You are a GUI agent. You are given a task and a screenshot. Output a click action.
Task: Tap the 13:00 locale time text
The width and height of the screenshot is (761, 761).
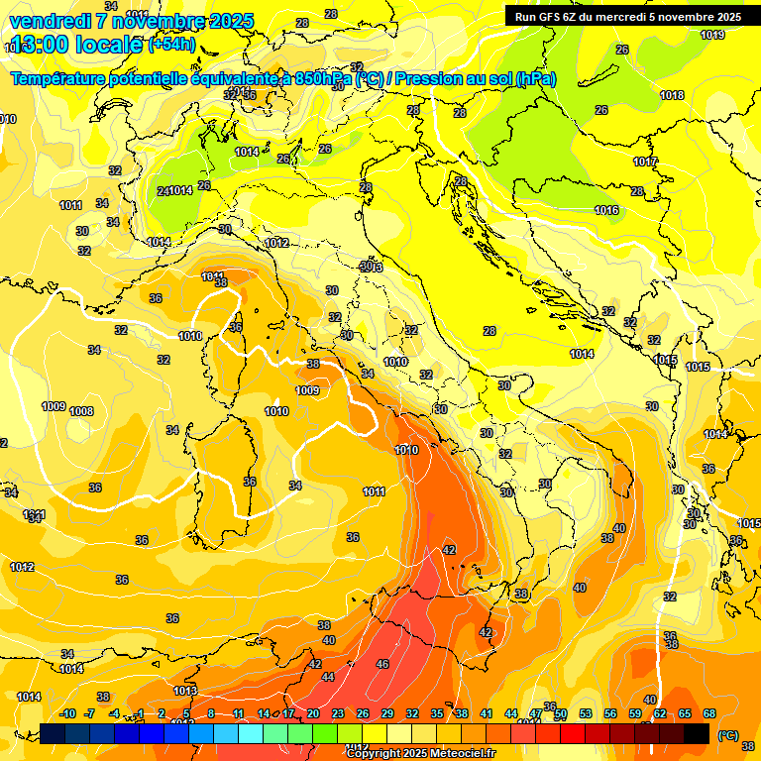(x=74, y=45)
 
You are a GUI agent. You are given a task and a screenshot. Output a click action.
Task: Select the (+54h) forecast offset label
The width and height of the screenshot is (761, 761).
(x=171, y=45)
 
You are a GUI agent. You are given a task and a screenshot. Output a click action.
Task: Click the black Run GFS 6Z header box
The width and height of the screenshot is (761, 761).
(x=627, y=16)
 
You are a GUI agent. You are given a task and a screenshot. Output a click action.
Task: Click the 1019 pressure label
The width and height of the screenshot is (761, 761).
(x=711, y=35)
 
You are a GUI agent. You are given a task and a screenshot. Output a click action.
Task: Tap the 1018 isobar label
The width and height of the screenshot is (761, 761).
(x=672, y=95)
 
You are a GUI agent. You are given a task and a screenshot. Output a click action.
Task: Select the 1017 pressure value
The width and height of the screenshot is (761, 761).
(x=645, y=162)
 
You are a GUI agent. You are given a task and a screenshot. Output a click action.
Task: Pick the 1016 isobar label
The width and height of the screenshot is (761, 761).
(x=606, y=210)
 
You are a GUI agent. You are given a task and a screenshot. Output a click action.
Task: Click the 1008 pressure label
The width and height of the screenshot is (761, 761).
(x=81, y=411)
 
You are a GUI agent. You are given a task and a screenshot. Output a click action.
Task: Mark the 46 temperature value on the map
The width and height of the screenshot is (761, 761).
(x=382, y=664)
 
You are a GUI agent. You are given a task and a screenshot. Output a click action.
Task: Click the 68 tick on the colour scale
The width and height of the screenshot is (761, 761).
(x=709, y=713)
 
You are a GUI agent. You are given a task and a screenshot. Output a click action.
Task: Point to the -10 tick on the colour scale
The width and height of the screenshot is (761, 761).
(x=68, y=713)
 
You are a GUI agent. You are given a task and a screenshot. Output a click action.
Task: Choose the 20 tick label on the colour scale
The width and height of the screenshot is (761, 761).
(x=313, y=713)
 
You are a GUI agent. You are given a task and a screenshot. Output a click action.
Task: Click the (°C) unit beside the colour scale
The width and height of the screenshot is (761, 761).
(x=728, y=734)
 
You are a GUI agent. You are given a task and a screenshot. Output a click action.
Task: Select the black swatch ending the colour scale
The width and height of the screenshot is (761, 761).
(x=697, y=733)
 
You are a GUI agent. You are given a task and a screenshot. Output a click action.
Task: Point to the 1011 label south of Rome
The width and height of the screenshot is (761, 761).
(x=374, y=491)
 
